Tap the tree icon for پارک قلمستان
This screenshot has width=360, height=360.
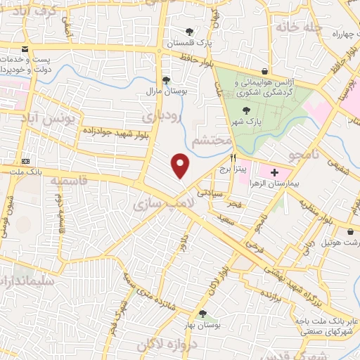(190, 32)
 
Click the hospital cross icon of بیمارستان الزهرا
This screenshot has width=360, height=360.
(274, 172)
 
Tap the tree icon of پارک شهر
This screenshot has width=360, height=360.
(245, 110)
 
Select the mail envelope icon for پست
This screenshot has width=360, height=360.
(26, 49)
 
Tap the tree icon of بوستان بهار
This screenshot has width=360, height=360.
(202, 314)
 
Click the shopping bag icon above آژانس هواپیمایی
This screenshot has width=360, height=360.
(264, 71)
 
